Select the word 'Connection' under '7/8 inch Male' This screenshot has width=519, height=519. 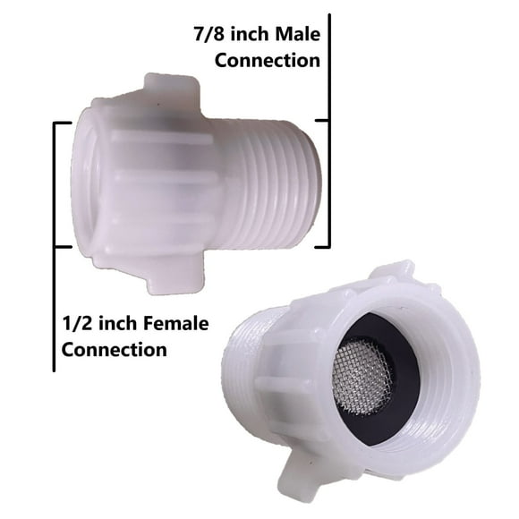pyautogui.click(x=268, y=61)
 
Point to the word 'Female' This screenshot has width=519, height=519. pyautogui.click(x=177, y=323)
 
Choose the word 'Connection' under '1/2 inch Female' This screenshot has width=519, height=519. pyautogui.click(x=115, y=350)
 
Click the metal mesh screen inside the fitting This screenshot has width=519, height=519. pyautogui.click(x=362, y=378)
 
